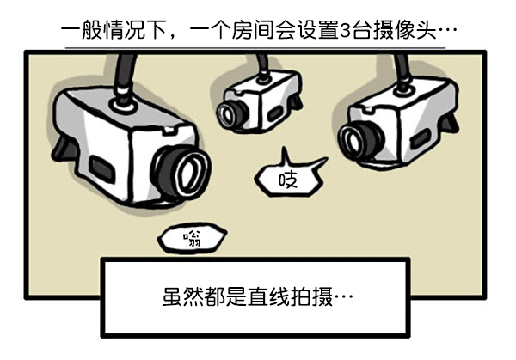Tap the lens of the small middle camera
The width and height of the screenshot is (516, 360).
point(228,113)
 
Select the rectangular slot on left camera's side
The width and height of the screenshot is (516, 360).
point(101,164)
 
